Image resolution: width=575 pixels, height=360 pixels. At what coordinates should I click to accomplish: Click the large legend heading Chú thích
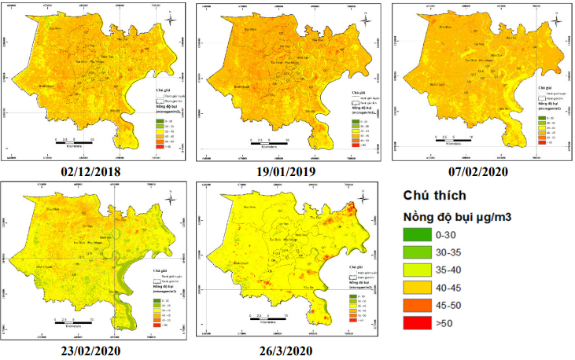pyautogui.click(x=436, y=195)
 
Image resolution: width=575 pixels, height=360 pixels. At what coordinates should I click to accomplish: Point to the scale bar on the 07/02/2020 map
pyautogui.click(x=452, y=140)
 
